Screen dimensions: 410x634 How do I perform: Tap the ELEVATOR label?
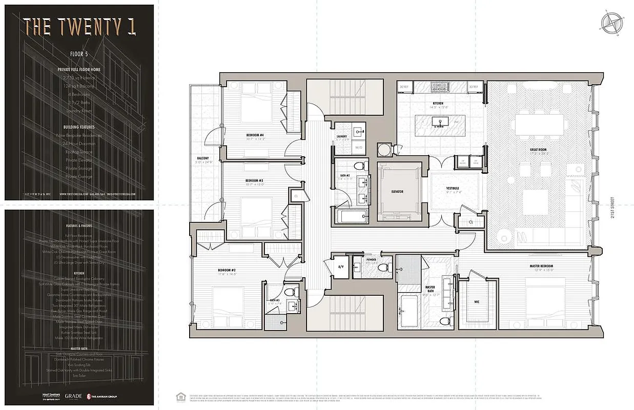tap(397, 192)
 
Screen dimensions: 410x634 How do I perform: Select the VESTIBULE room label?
tap(454, 188)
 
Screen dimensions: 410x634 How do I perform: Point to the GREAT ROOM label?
tap(539, 150)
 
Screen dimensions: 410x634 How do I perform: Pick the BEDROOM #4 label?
tap(254, 135)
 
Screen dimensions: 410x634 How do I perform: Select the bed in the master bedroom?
tap(545, 300)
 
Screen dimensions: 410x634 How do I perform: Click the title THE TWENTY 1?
tap(79, 26)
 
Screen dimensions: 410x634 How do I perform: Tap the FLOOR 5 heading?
tap(79, 53)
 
